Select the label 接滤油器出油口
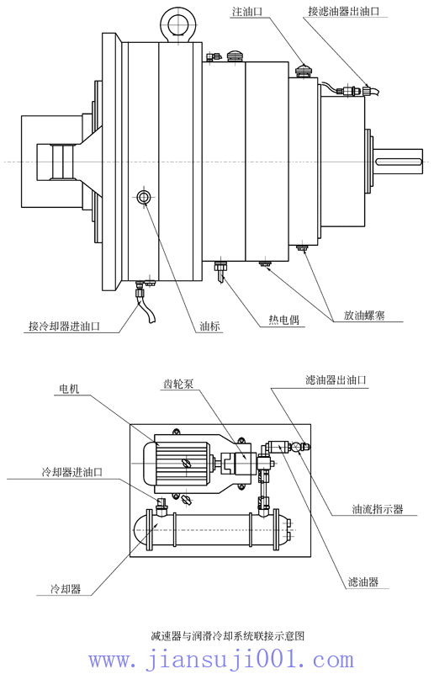click(x=342, y=13)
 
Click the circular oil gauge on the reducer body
click(x=144, y=197)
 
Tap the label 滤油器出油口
click(x=336, y=380)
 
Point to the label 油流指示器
click(x=378, y=510)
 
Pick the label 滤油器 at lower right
click(x=363, y=581)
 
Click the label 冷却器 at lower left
click(x=66, y=589)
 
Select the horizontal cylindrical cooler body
click(x=210, y=532)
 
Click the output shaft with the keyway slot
click(x=399, y=162)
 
